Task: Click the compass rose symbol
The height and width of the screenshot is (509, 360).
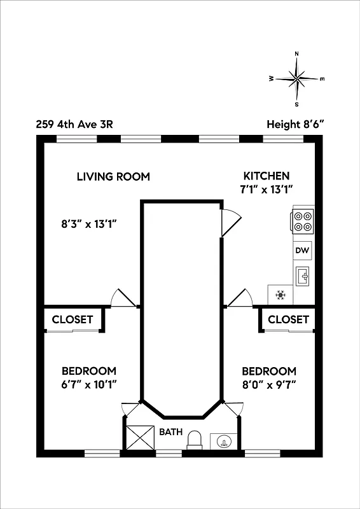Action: [297, 78]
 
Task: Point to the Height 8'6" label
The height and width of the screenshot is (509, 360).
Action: [296, 124]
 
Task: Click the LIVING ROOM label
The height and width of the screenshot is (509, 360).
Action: [113, 176]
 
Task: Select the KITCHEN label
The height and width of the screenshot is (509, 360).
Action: [267, 176]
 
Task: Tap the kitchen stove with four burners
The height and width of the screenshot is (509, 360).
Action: [303, 221]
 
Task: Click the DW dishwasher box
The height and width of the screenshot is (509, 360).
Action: [302, 251]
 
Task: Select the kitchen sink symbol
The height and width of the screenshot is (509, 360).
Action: [302, 275]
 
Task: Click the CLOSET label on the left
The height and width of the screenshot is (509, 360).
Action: [73, 319]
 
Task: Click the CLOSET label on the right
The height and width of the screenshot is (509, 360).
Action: [288, 319]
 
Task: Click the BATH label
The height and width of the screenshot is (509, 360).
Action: [171, 432]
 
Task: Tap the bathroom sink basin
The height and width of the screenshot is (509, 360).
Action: [223, 441]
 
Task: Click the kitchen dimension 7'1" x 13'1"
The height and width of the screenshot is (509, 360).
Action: [267, 190]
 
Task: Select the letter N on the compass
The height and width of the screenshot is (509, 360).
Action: [297, 54]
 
